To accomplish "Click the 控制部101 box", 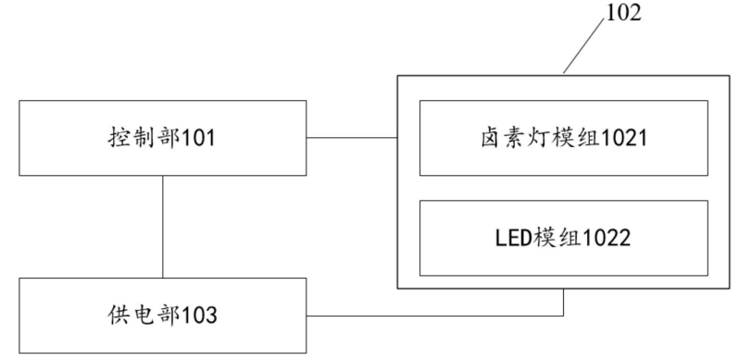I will [164, 139].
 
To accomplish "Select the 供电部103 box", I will [164, 316].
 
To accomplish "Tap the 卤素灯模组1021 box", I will [563, 139].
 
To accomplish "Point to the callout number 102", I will [623, 16].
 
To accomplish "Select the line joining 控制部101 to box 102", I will [353, 139].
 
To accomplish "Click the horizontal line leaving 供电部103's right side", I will [435, 316].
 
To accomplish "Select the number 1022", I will [607, 237].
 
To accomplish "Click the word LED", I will [514, 237].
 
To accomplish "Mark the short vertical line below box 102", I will [564, 302].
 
